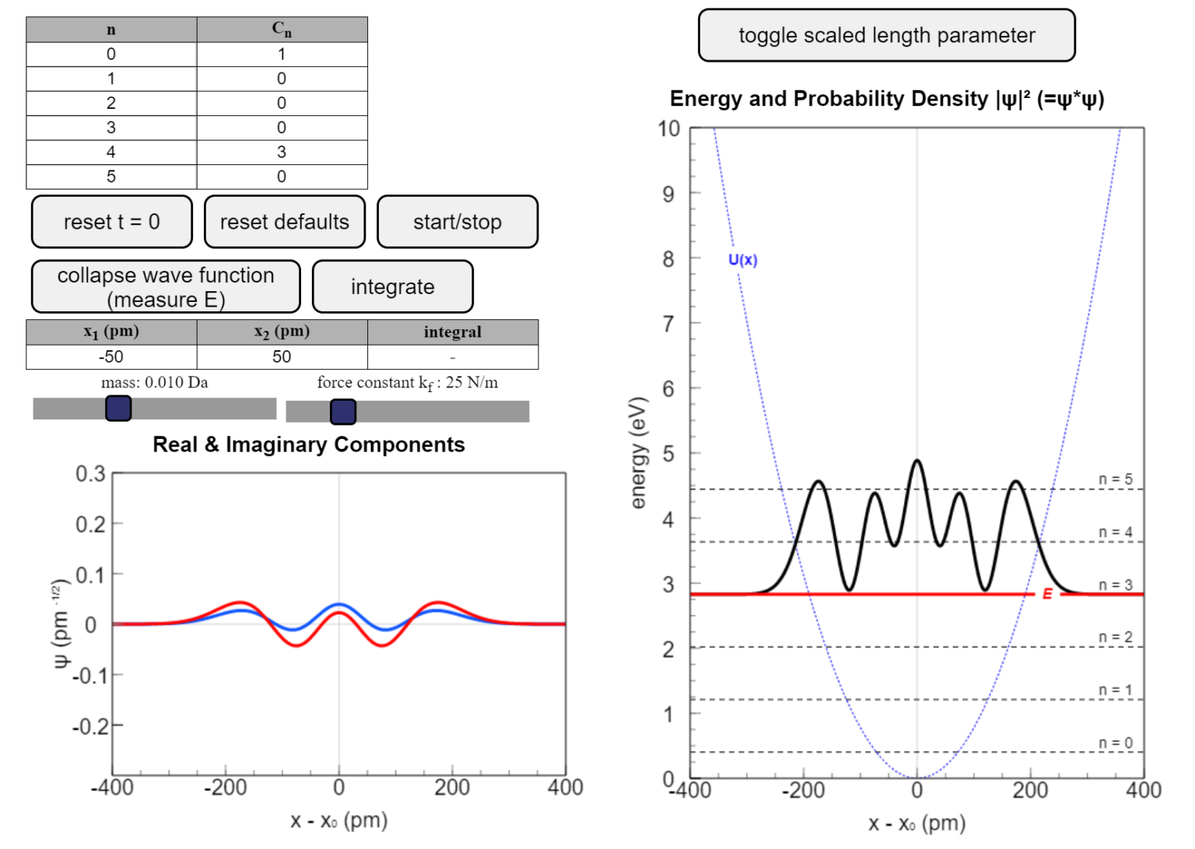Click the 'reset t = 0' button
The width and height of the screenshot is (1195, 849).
coord(111,222)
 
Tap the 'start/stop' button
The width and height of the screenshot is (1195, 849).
coord(457,222)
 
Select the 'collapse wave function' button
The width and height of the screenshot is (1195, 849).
coord(166,286)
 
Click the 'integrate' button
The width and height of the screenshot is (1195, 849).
coord(392,286)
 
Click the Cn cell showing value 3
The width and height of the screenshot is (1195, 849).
coord(282,152)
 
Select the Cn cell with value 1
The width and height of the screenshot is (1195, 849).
coord(282,54)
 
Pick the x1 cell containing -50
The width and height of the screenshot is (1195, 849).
coord(111,356)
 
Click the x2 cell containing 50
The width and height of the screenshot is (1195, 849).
coord(282,356)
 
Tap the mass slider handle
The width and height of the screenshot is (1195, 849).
coord(118,408)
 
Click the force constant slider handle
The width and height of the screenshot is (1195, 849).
coord(343,411)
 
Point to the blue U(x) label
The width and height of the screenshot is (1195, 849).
coord(742,260)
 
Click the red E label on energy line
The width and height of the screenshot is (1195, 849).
coord(1047,594)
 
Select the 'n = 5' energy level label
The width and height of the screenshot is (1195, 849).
coord(1115,479)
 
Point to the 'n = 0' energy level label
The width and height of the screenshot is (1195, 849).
coord(1115,743)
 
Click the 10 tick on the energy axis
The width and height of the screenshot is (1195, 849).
coord(668,128)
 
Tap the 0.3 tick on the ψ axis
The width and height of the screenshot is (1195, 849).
coord(90,474)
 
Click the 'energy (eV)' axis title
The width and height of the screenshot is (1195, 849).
coord(638,453)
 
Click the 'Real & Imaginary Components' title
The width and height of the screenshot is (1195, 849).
coord(309,444)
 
